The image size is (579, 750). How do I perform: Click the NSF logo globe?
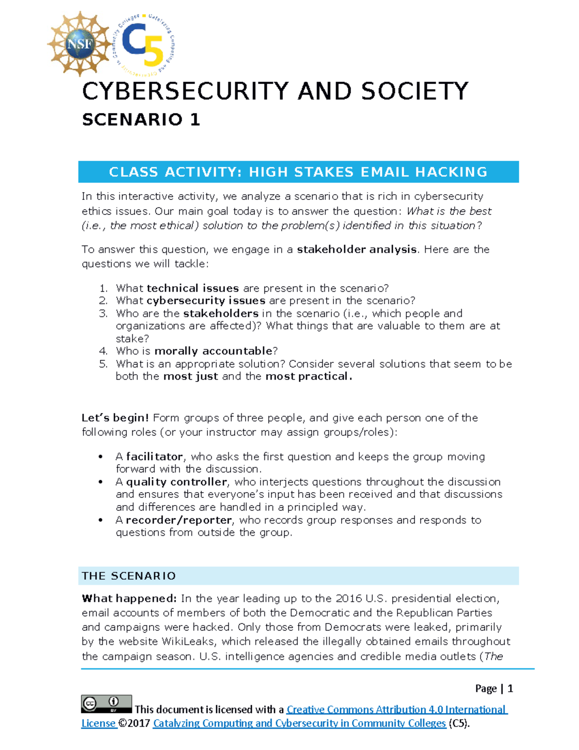(79, 44)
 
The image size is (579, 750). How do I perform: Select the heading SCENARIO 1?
(141, 119)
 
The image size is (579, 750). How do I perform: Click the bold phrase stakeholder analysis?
(357, 249)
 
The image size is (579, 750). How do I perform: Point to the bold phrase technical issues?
(193, 288)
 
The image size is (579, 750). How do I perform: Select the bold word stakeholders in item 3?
(221, 313)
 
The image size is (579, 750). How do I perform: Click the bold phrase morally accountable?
(213, 351)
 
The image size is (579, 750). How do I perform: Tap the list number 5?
(103, 364)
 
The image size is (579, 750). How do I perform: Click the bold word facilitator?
(154, 456)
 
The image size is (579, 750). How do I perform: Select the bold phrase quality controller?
(176, 481)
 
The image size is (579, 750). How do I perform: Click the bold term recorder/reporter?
(179, 520)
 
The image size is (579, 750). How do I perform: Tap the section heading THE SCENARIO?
(129, 576)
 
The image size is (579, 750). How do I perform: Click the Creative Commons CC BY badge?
(106, 704)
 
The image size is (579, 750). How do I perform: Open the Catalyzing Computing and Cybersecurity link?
(299, 723)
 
